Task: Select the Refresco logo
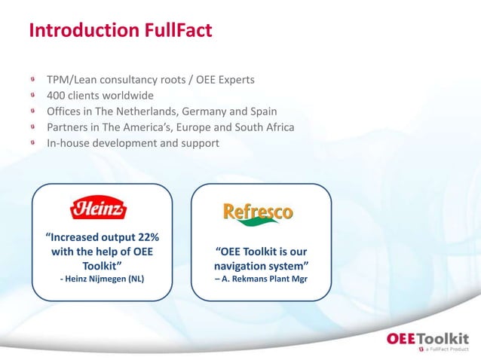coord(258,213)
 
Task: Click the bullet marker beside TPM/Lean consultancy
coord(33,79)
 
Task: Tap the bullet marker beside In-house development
coord(33,142)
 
